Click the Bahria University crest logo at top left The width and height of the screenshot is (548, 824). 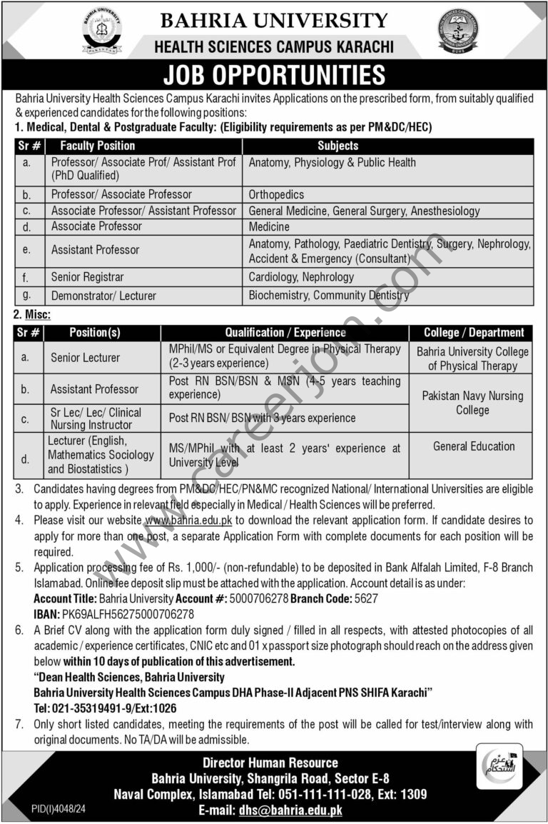101,31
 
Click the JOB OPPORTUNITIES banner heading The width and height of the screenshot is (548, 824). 274,74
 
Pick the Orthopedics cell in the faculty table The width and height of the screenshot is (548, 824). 276,194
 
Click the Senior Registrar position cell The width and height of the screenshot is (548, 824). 87,276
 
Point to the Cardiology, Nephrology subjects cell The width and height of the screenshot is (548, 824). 301,276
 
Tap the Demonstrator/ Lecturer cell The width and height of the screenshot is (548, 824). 103,295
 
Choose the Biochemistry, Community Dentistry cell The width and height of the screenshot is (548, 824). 329,295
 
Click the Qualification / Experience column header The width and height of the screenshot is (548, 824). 285,332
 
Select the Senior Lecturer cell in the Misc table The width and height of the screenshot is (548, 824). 85,357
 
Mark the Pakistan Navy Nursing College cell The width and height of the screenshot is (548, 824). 472,403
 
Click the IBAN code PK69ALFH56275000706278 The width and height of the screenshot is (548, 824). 129,613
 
